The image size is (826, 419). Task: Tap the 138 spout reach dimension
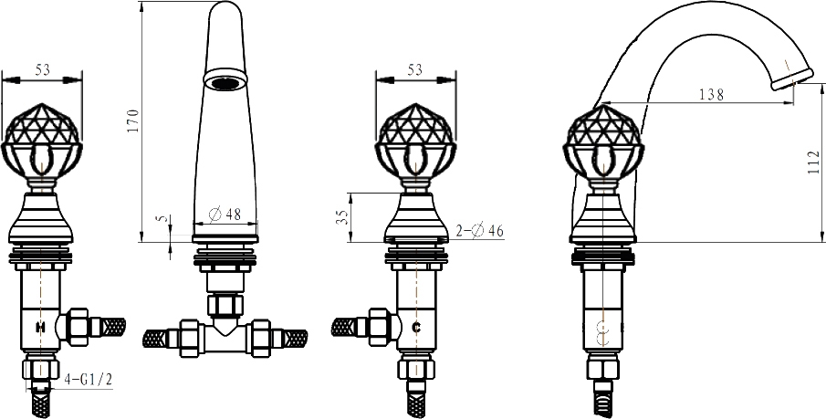tap(712, 95)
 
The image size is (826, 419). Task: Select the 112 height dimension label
tap(814, 162)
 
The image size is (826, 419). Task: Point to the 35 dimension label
tap(343, 217)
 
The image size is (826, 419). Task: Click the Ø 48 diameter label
tap(225, 214)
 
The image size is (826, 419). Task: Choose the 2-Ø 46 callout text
tap(480, 231)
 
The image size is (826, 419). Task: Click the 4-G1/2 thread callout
tap(89, 380)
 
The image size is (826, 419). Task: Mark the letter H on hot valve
tap(40, 328)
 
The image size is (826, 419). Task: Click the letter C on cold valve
tap(416, 328)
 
